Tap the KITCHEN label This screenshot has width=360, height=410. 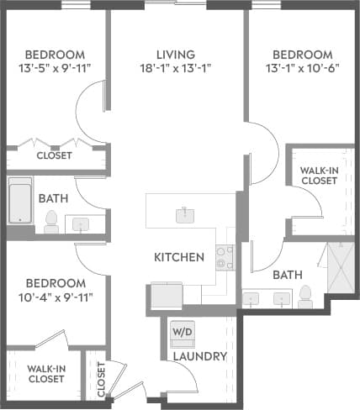tap(179, 256)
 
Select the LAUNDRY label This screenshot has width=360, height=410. tap(199, 356)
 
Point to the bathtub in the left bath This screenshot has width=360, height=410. tap(21, 202)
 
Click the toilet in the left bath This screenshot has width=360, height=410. tap(51, 222)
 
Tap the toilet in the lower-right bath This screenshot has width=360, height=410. tap(305, 295)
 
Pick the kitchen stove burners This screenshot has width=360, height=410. tap(224, 256)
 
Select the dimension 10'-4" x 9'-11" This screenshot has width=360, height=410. tap(56, 297)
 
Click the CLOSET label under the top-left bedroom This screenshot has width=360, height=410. tap(54, 155)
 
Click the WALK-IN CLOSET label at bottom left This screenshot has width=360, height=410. tap(46, 373)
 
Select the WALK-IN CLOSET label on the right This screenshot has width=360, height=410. tap(319, 174)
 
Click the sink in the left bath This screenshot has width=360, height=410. tap(82, 223)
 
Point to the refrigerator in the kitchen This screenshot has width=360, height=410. tap(166, 297)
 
